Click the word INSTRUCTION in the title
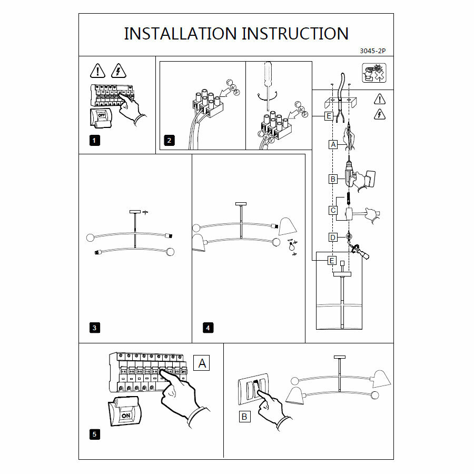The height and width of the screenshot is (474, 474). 295,34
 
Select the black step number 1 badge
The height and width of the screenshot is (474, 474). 94,140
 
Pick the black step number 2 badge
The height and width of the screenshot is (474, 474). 169,140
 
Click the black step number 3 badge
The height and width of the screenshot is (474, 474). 94,328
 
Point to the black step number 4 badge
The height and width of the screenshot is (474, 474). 208,328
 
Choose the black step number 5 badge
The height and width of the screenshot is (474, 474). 94,434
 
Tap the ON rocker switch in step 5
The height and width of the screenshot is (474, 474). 126,415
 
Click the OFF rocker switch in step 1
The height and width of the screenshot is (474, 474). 103,115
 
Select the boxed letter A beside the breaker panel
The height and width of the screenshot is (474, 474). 203,363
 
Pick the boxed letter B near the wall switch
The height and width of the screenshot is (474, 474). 244,417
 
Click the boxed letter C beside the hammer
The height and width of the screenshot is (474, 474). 333,211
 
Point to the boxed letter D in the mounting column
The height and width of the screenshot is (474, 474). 333,238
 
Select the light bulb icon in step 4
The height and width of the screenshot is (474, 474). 289,246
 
